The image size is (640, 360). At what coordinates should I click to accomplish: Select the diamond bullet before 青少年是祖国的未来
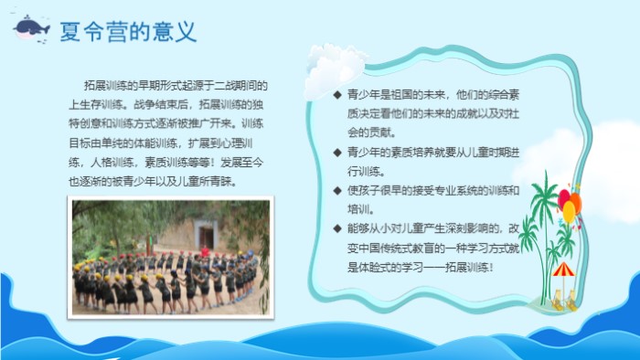coord(336,94)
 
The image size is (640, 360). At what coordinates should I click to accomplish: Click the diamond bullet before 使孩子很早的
coord(336,190)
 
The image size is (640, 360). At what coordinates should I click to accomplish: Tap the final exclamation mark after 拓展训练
coord(491,267)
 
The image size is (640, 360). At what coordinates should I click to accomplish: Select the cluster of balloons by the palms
coord(569,203)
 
